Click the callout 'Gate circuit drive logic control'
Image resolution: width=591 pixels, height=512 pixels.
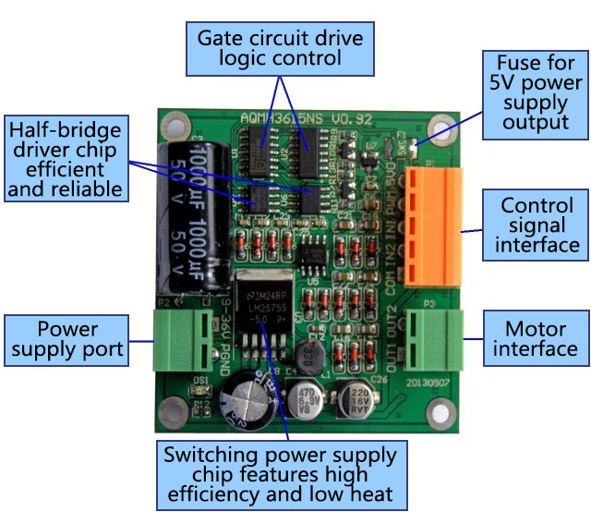280,47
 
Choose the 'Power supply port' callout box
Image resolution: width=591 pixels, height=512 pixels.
67,339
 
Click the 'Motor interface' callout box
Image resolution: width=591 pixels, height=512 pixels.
536,338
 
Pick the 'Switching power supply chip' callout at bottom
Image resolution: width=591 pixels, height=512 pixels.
280,474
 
